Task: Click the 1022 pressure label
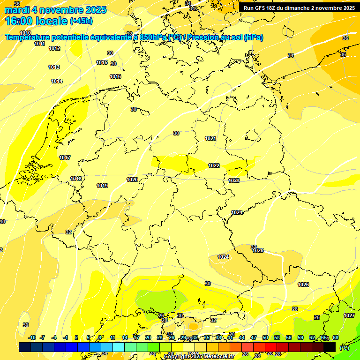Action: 214,165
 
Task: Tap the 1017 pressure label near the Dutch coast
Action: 65,157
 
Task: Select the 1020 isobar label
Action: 132,180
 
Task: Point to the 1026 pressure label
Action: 303,285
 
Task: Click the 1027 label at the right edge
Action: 349,315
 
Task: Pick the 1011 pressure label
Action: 40,44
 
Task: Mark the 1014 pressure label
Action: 57,81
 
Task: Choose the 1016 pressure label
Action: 115,76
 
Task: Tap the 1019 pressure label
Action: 102,186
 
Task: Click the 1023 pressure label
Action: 234,180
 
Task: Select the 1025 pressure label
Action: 258,250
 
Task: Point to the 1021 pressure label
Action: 210,138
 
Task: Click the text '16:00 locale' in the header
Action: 37,21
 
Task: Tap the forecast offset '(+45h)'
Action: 81,21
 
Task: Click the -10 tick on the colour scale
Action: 32,337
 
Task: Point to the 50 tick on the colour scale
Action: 265,337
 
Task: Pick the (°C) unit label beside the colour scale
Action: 344,347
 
